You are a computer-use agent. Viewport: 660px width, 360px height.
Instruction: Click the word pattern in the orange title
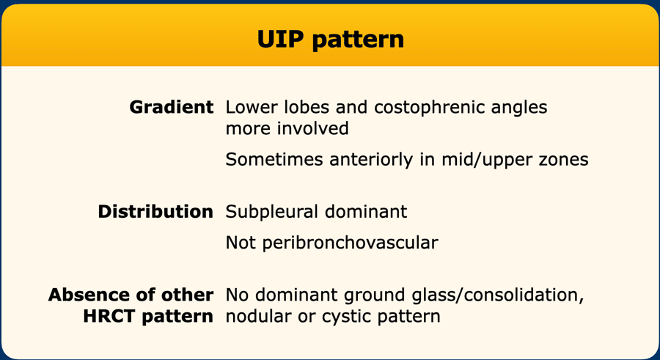pyautogui.click(x=358, y=40)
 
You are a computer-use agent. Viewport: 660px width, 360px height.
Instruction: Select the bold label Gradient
pyautogui.click(x=172, y=107)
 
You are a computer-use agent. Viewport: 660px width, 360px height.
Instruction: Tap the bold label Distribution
pyautogui.click(x=155, y=211)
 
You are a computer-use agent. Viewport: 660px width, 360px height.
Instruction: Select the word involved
pyautogui.click(x=312, y=128)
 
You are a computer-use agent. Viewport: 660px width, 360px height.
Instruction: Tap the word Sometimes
pyautogui.click(x=275, y=160)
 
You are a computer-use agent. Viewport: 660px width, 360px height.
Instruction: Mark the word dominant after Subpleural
pyautogui.click(x=366, y=211)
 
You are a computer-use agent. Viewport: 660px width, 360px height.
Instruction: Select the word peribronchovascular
pyautogui.click(x=351, y=243)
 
